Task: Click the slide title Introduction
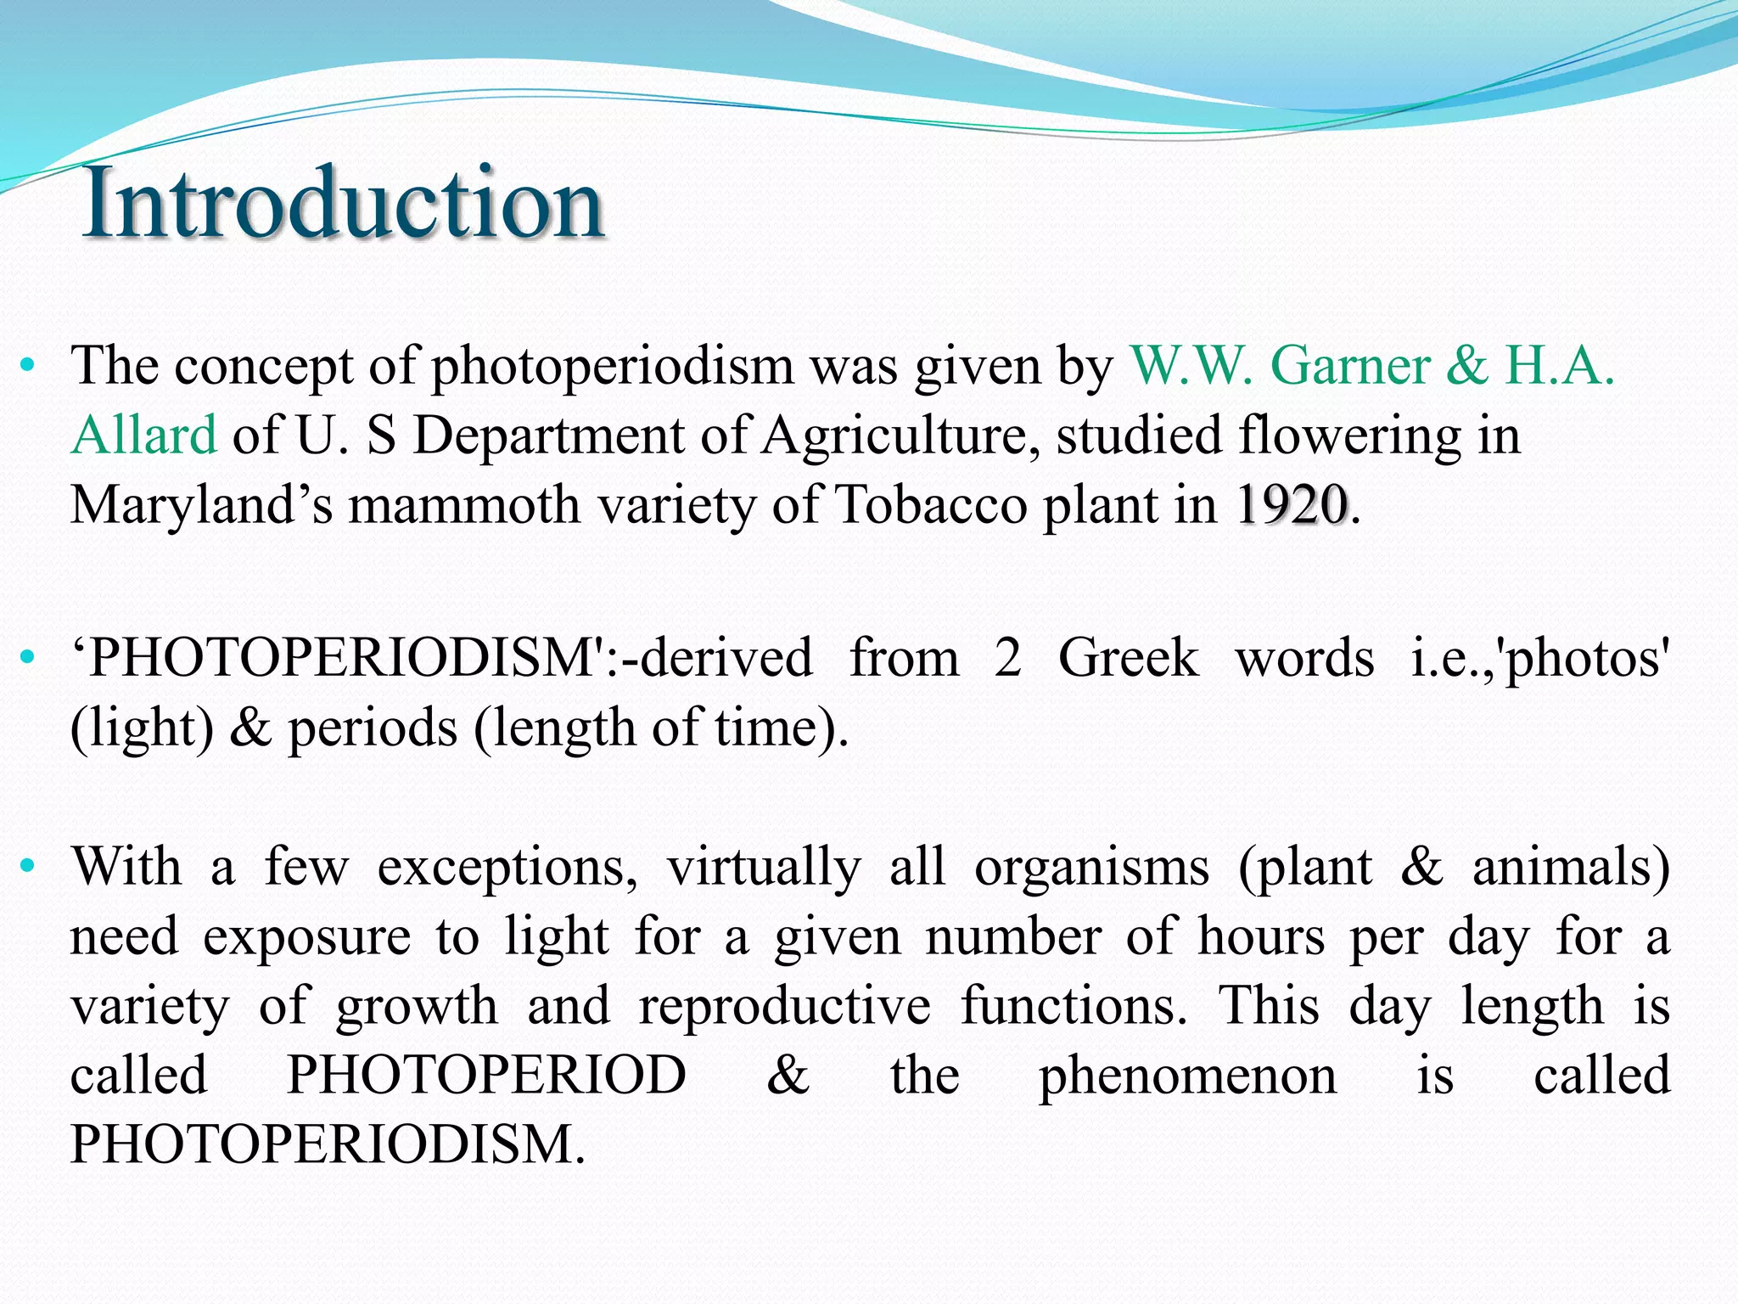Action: [x=343, y=203]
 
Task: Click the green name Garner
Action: [x=1350, y=366]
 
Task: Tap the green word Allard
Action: [x=143, y=436]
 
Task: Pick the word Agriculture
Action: [x=899, y=436]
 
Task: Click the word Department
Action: [x=548, y=436]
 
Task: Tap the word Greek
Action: [x=1128, y=658]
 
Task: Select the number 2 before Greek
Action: [x=1007, y=658]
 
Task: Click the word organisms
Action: [x=1091, y=868]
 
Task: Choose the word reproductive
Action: [x=785, y=1006]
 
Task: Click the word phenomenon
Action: [x=1188, y=1076]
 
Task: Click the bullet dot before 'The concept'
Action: [x=28, y=366]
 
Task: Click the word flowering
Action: [x=1350, y=436]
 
